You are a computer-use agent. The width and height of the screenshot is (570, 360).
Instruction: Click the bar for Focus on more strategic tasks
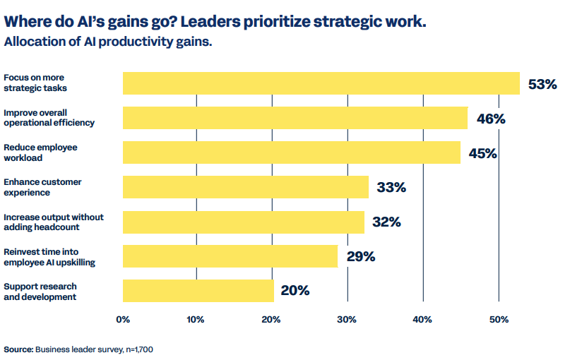321,83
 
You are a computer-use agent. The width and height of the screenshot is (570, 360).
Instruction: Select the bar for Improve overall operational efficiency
295,118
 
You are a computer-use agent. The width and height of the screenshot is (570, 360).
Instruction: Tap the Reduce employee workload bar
292,152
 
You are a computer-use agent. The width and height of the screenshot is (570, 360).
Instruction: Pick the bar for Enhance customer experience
246,187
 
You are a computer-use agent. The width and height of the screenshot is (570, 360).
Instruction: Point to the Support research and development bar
198,291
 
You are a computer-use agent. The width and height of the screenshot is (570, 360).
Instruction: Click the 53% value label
542,85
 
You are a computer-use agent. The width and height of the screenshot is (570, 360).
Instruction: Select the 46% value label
491,119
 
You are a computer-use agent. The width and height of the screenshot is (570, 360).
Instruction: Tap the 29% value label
361,257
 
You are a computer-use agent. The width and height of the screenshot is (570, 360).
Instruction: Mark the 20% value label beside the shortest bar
295,291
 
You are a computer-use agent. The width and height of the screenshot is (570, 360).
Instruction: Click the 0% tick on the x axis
123,319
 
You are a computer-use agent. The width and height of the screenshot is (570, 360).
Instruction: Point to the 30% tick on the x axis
347,319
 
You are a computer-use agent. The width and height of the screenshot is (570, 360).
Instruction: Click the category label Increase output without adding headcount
54,222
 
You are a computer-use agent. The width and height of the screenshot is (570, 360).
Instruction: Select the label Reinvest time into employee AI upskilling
49,256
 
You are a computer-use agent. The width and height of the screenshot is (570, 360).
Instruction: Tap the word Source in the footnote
18,349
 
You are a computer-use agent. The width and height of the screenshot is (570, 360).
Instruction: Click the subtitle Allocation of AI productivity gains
108,42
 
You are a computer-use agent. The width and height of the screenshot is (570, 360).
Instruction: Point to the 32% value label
386,222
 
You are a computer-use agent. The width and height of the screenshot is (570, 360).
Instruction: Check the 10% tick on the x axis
197,319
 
